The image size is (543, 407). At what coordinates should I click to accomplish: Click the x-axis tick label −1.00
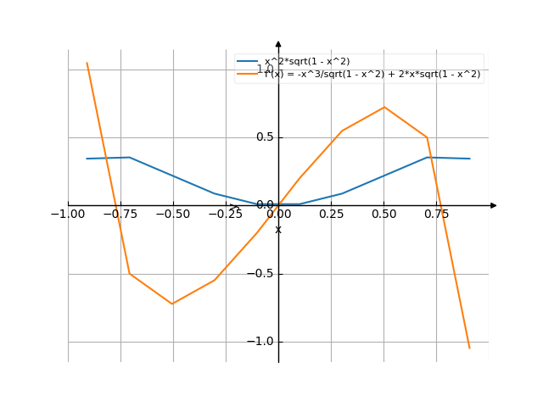coord(67,215)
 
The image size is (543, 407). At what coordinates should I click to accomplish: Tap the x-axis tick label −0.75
coord(120,215)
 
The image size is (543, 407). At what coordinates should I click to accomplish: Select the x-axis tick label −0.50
coord(172,215)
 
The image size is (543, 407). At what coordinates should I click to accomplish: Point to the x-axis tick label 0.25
coord(331,215)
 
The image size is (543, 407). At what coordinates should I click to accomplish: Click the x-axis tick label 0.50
coord(383,215)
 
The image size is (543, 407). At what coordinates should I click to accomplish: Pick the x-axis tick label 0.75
coord(436,215)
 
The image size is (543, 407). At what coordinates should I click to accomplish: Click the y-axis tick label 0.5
coord(265,137)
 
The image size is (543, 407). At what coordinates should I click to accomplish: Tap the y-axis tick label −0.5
coord(261,273)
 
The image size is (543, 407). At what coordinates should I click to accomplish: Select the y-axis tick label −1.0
coord(261,341)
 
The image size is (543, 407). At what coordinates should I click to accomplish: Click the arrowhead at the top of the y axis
coord(278,42)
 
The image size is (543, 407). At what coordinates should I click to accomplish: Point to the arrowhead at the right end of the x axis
coord(494,205)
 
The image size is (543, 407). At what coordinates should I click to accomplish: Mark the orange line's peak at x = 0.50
coord(384,107)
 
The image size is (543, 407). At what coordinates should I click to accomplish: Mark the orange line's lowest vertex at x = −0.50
coord(172,304)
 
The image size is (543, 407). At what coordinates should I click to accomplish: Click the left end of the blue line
coord(87,159)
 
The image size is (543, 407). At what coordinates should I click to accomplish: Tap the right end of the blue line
coord(469,159)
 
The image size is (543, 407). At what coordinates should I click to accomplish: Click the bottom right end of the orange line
coord(469,348)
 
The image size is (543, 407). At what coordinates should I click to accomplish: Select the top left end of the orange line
coord(87,63)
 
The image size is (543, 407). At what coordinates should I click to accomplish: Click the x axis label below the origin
coord(278,230)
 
